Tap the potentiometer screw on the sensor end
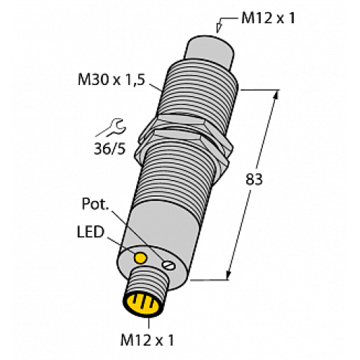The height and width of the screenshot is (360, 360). click(x=167, y=266)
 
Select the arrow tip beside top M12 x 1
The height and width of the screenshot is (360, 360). click(x=220, y=30)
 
